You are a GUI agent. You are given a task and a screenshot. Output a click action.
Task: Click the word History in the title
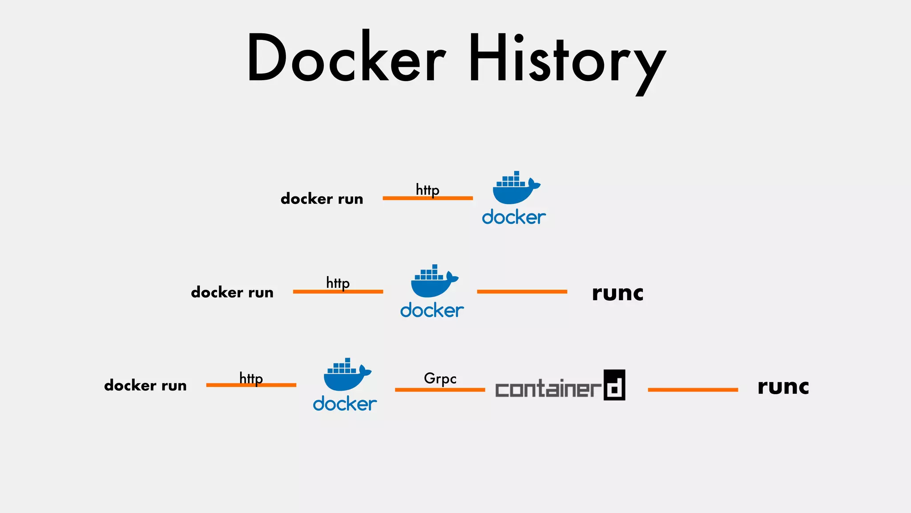point(567,60)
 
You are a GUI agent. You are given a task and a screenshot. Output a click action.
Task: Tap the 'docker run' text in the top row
point(322,199)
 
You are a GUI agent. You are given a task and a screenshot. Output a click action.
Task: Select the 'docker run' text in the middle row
point(232,292)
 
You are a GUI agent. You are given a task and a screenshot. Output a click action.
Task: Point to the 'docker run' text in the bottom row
point(145,385)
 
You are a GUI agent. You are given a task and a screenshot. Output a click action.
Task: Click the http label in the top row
point(427,190)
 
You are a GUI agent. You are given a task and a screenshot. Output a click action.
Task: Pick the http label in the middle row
point(338,283)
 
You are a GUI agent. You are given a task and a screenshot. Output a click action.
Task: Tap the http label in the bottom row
point(251,378)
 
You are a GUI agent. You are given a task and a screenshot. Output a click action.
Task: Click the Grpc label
point(440,379)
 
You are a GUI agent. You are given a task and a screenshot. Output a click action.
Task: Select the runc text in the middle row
point(617,293)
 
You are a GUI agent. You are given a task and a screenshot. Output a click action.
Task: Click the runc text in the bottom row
point(783,387)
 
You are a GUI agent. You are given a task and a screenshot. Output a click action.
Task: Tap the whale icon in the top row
point(515,188)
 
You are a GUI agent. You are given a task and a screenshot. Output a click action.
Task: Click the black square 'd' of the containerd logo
point(614,385)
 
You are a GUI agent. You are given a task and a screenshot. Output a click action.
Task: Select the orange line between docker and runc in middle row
point(522,292)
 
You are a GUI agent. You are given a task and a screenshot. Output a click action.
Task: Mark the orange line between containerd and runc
point(693,390)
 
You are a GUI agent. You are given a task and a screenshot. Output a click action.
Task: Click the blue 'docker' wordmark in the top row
point(514,217)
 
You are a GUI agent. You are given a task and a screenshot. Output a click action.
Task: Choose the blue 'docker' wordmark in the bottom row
point(345,404)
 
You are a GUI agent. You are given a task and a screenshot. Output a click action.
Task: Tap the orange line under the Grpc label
point(440,390)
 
